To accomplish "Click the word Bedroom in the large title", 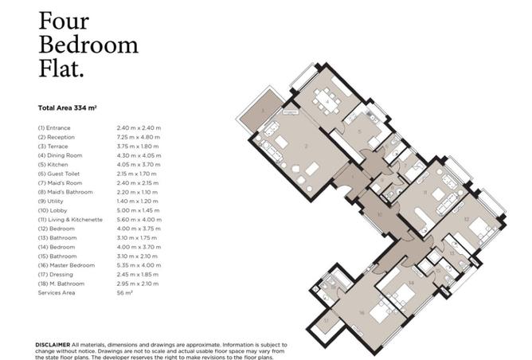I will (x=89, y=45).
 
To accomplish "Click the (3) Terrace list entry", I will (x=55, y=146).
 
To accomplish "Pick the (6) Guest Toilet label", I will (x=60, y=174).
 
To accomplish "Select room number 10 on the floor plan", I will (x=381, y=215).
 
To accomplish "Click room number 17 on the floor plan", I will (x=327, y=322).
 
